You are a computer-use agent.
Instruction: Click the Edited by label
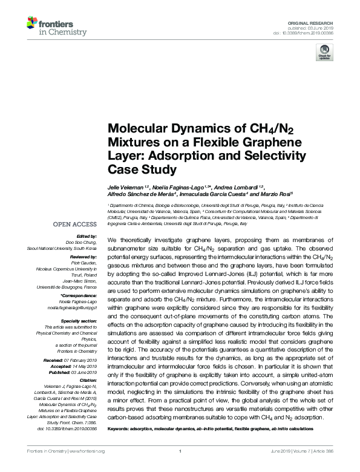pyautogui.click(x=86, y=236)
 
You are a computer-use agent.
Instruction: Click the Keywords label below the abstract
pyautogui.click(x=121, y=428)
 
